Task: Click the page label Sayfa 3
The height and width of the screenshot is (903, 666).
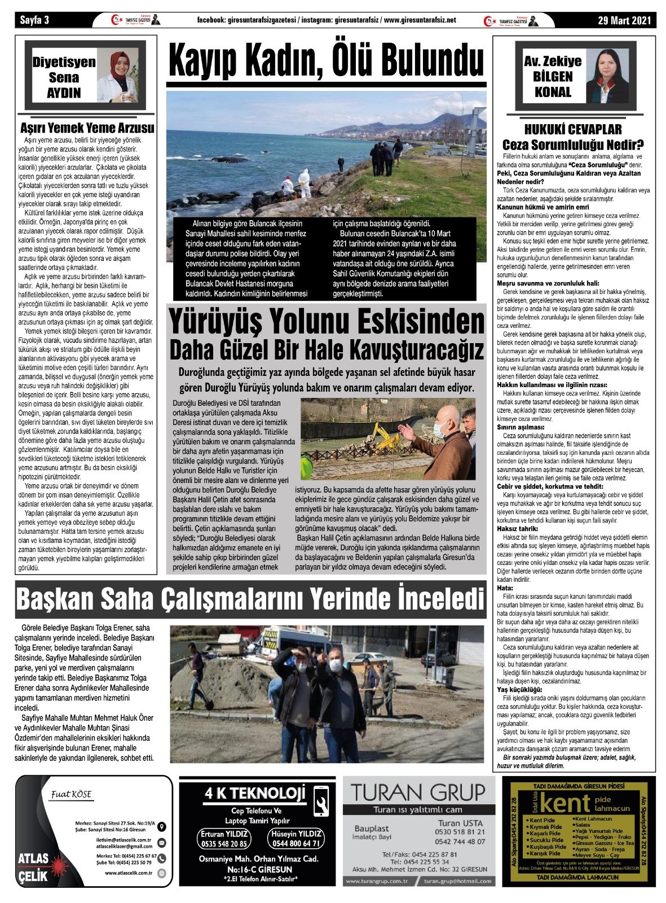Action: tap(35, 21)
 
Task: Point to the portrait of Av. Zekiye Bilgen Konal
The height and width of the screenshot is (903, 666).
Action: tap(607, 76)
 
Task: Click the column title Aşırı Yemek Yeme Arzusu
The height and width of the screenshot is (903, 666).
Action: tap(87, 128)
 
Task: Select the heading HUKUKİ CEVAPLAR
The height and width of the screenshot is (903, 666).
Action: tap(573, 129)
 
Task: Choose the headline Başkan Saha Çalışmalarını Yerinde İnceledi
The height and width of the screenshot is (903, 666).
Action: tap(250, 600)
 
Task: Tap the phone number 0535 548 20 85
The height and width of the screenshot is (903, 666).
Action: tap(224, 844)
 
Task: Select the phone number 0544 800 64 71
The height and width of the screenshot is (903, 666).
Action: tap(297, 844)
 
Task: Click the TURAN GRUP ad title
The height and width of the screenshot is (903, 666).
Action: tap(417, 792)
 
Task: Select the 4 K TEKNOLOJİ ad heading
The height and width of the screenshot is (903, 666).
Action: tap(255, 794)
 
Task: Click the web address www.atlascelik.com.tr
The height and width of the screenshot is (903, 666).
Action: tap(129, 873)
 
